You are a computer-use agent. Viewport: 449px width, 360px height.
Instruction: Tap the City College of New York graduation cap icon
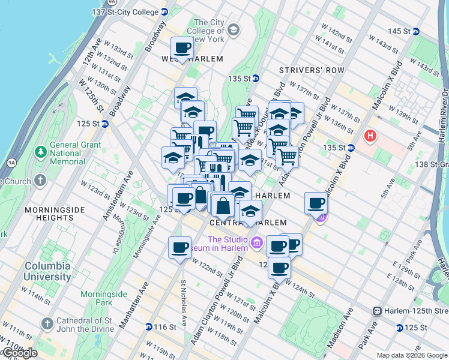click(x=233, y=29)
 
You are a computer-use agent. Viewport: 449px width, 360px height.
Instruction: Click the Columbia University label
click(x=47, y=271)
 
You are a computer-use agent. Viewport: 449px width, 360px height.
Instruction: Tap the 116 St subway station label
click(x=164, y=327)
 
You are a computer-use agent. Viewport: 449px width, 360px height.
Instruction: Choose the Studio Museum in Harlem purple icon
click(x=257, y=242)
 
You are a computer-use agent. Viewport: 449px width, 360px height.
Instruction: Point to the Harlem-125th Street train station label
click(x=415, y=311)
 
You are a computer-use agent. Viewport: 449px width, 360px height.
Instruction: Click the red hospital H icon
click(x=370, y=136)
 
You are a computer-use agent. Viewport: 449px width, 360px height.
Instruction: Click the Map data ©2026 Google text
click(x=412, y=355)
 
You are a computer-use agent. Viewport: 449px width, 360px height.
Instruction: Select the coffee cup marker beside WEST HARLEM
click(x=182, y=49)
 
